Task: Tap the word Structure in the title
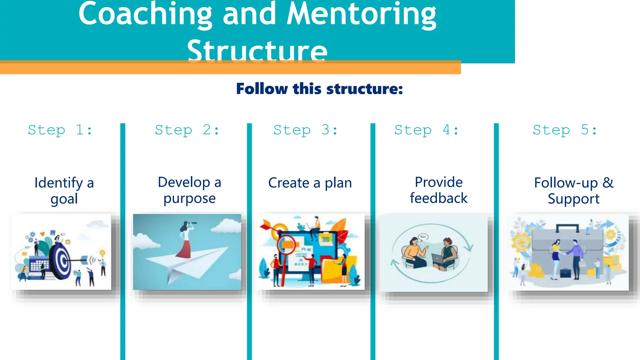pyautogui.click(x=257, y=51)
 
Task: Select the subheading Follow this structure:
pyautogui.click(x=319, y=89)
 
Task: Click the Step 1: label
pyautogui.click(x=60, y=130)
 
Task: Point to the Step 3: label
pyautogui.click(x=306, y=130)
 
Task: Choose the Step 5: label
pyautogui.click(x=565, y=130)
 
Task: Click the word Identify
pyautogui.click(x=58, y=183)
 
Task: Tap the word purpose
pyautogui.click(x=189, y=199)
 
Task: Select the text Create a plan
pyautogui.click(x=310, y=183)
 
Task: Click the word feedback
pyautogui.click(x=438, y=198)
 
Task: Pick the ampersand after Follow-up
pyautogui.click(x=608, y=182)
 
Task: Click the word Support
pyautogui.click(x=573, y=199)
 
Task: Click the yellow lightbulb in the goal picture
pyautogui.click(x=102, y=252)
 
